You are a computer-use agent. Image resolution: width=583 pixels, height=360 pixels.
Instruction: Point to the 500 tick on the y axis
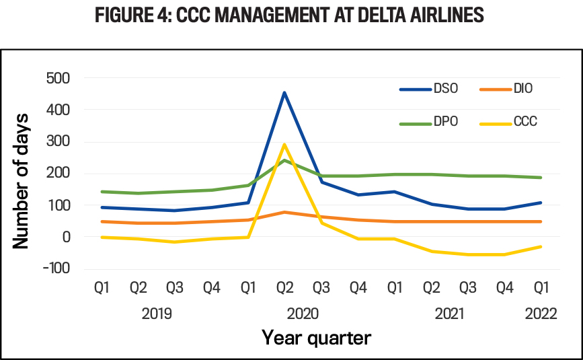tap(58, 78)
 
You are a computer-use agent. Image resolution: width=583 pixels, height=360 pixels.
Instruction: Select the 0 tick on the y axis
tap(66, 237)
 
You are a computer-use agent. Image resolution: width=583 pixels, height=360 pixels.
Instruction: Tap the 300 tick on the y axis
tap(58, 141)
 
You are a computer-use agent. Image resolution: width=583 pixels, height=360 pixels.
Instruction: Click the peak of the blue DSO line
tap(284, 93)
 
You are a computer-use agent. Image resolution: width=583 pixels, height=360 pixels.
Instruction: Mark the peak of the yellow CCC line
tap(284, 144)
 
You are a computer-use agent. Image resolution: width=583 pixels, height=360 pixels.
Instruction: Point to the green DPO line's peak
tap(284, 160)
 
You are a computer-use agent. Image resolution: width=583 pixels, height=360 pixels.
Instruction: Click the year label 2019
tap(157, 313)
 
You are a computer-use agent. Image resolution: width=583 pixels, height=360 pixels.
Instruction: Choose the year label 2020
tap(303, 313)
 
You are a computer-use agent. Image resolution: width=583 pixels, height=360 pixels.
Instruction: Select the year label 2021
tap(449, 313)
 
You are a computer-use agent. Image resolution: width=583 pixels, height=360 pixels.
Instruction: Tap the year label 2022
tap(540, 313)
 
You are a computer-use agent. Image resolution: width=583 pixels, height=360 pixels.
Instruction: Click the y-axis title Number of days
tap(22, 174)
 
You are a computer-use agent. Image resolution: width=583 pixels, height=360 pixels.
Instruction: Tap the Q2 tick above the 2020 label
tap(284, 288)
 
